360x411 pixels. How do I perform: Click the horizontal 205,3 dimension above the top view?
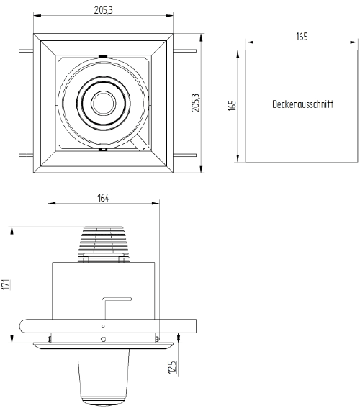104,10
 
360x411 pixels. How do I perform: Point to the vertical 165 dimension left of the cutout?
233,106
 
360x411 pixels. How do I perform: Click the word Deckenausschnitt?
302,105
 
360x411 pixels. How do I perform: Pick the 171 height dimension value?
6,284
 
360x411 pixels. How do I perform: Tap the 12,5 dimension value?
171,368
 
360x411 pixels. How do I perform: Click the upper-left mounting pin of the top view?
25,50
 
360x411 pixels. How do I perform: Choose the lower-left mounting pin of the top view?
25,155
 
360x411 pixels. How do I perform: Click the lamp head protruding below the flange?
105,378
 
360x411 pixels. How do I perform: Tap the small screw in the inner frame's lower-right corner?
144,149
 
